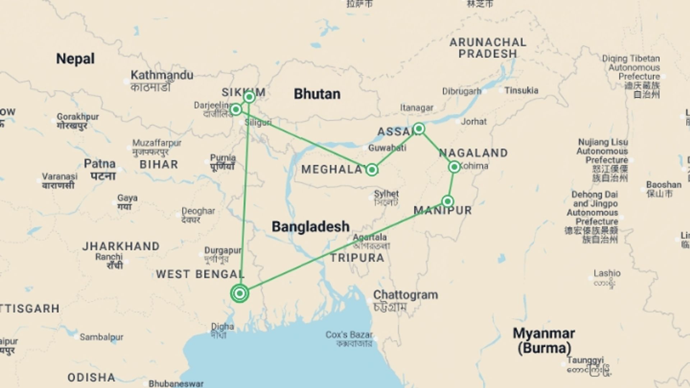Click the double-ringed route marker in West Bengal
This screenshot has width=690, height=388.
(x=240, y=294)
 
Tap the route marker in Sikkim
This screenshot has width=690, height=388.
(x=249, y=97)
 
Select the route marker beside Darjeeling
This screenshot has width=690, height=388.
(x=236, y=109)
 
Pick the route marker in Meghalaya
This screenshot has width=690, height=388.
(x=372, y=170)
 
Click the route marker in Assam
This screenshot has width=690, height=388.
(x=419, y=129)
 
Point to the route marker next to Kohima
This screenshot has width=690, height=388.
(x=454, y=167)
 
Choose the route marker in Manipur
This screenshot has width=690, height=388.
(x=447, y=201)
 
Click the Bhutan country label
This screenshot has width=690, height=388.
(x=317, y=94)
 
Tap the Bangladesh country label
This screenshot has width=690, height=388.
(x=310, y=227)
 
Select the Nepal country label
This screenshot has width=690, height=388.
(x=75, y=59)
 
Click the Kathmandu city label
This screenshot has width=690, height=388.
(x=162, y=75)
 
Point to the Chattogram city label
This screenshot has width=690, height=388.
(x=405, y=295)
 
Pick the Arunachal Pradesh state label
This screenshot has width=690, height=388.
(x=488, y=48)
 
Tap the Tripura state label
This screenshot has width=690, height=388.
(x=357, y=258)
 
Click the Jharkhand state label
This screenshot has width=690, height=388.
(x=121, y=246)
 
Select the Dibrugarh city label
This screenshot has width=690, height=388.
(x=461, y=91)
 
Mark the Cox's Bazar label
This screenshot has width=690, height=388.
(x=349, y=335)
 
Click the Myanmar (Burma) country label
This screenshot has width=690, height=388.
(x=544, y=341)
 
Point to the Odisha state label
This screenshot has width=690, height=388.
(x=92, y=378)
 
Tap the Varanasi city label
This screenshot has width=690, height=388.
(x=60, y=177)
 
